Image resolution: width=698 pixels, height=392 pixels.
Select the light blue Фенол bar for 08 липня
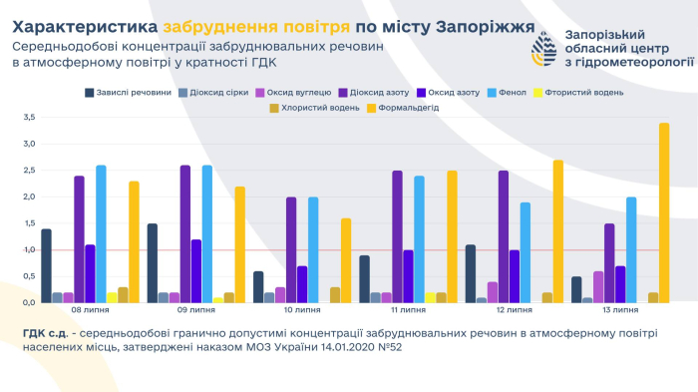point(101,233)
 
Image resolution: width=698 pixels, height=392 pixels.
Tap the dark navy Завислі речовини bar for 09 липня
point(153,262)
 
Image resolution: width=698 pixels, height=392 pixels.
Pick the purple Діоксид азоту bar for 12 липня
point(504,236)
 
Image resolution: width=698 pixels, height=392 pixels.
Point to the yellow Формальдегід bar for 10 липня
point(346,260)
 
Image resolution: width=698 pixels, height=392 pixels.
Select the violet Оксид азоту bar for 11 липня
point(408,276)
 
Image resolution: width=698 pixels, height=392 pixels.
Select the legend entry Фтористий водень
point(583,93)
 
